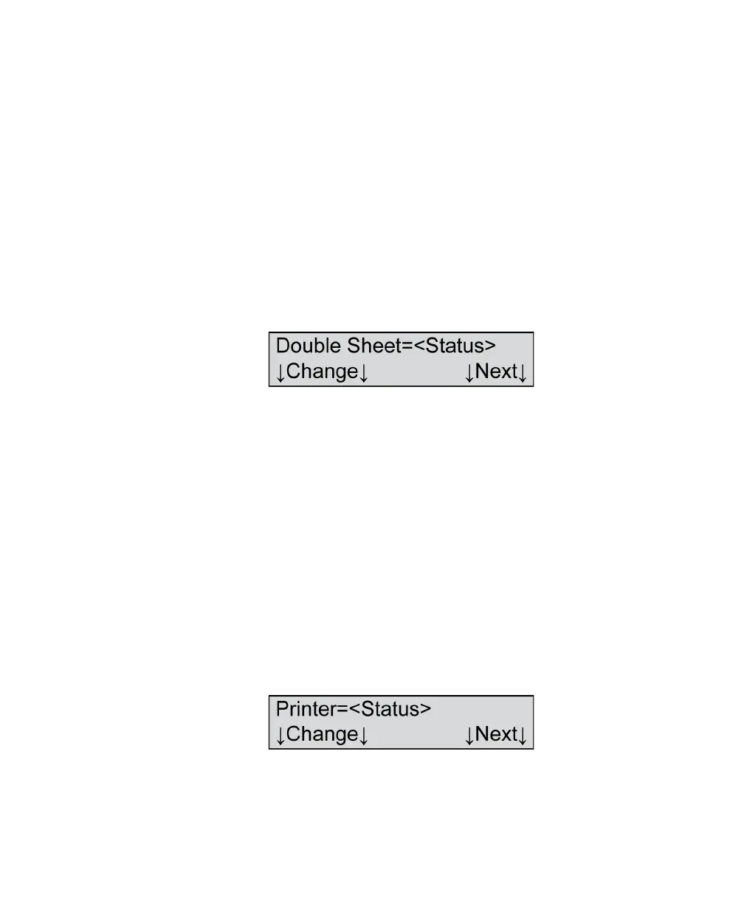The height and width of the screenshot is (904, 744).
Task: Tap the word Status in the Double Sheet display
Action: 455,346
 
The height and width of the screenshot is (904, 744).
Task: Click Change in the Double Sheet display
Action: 322,371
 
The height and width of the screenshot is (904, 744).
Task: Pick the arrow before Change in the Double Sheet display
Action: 280,372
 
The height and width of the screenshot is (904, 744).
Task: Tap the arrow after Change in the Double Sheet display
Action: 363,372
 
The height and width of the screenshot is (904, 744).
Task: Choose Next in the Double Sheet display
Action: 496,371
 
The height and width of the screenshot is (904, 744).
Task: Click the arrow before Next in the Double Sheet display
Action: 469,372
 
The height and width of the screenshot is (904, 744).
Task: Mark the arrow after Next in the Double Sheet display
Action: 523,372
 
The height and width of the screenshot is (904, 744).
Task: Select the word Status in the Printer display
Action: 390,709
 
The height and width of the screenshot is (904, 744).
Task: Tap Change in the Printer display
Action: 322,734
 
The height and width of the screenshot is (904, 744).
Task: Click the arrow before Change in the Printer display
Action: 280,735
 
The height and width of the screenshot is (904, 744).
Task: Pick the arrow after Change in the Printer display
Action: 363,735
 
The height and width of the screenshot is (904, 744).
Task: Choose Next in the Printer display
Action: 496,734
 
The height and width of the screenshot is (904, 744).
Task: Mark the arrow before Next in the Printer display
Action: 469,735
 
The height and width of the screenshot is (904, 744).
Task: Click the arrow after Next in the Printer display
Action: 523,735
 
